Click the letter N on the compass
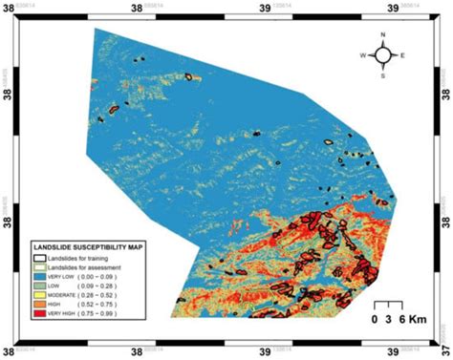(382, 36)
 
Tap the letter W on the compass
(363, 55)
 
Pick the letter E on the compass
(402, 55)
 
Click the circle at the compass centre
(382, 55)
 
